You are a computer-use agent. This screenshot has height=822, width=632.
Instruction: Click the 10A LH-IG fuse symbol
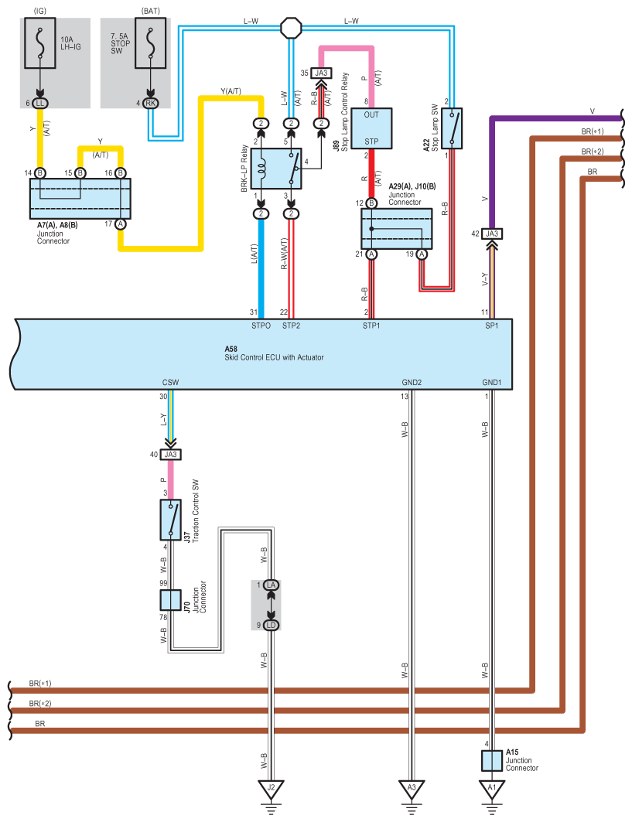40,43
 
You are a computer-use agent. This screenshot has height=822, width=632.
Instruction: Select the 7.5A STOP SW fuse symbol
151,43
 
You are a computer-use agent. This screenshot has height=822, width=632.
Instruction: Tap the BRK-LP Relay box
276,169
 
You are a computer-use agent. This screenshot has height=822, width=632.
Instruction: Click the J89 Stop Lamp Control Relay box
371,128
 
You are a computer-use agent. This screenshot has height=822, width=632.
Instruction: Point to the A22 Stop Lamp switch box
452,128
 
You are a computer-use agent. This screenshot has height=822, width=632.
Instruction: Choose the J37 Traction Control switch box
170,520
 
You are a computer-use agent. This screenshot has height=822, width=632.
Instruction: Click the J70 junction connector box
170,600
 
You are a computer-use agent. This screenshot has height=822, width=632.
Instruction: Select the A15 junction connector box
491,761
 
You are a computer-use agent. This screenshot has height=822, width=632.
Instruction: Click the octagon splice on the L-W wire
291,28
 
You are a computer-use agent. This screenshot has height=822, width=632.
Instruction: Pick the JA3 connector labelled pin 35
321,73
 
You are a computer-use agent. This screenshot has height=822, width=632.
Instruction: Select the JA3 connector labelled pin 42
491,234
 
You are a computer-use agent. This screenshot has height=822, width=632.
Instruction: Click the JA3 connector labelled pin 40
170,455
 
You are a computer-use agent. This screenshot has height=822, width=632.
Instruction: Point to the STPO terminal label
261,326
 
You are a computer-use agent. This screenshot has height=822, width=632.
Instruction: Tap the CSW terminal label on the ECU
170,382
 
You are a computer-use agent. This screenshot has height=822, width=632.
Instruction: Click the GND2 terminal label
412,382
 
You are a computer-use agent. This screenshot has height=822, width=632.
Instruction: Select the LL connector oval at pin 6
40,104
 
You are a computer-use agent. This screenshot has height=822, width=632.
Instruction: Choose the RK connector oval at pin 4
151,104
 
